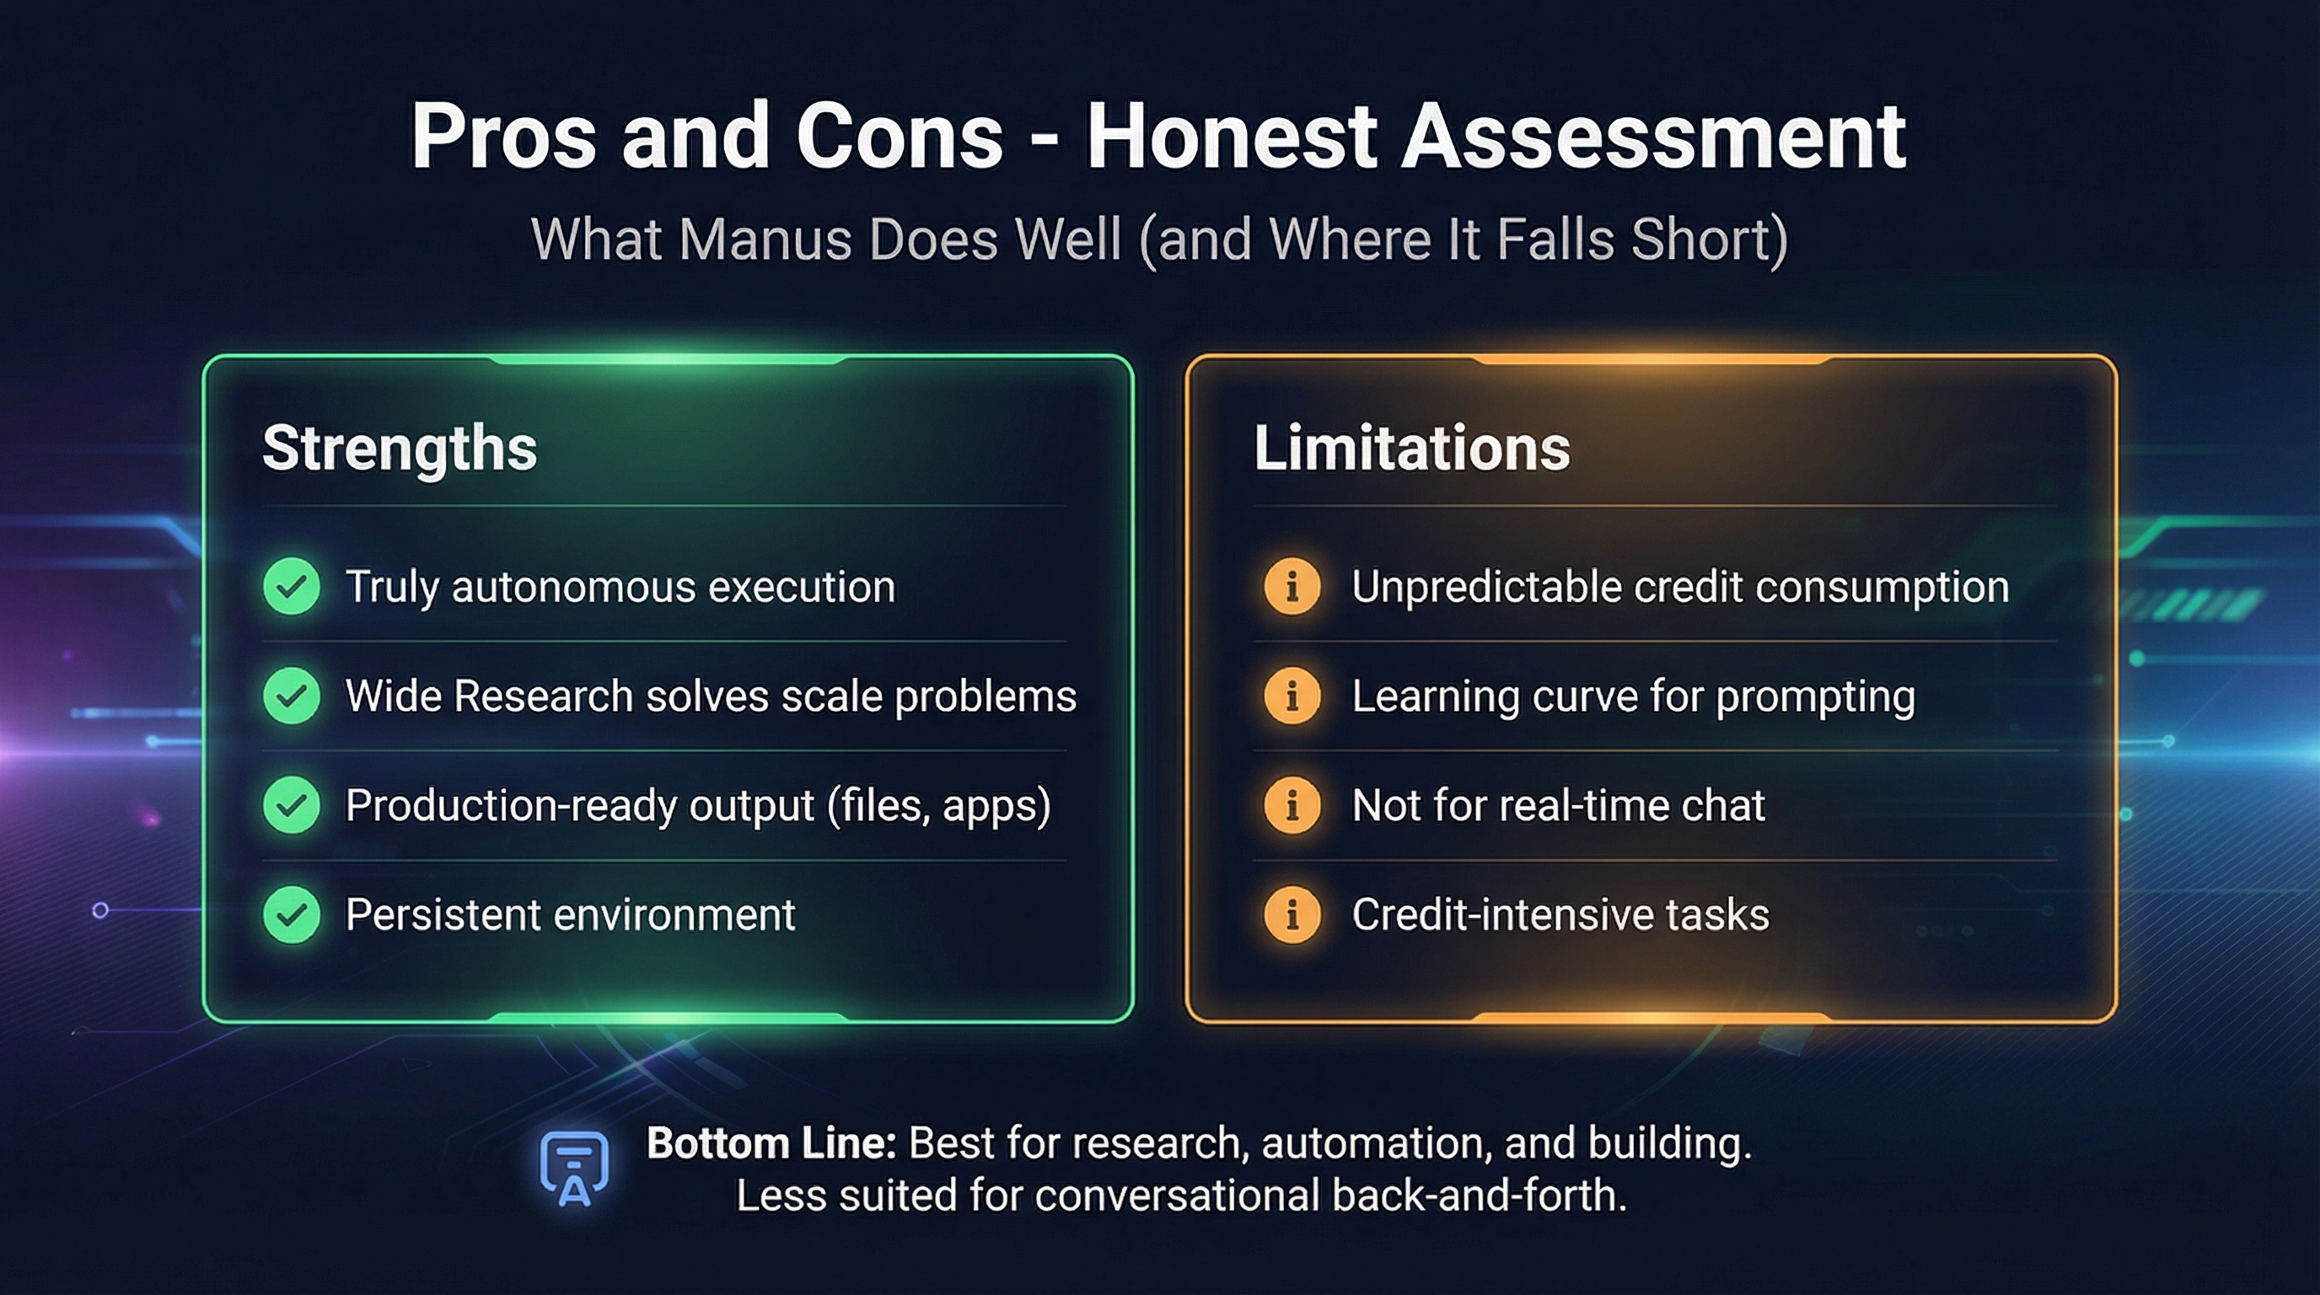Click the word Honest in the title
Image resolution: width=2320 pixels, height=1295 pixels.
(x=1231, y=137)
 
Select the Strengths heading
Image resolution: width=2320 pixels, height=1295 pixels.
(x=399, y=449)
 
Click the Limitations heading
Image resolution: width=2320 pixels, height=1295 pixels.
(x=1411, y=449)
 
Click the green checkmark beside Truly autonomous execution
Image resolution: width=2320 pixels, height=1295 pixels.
(x=291, y=586)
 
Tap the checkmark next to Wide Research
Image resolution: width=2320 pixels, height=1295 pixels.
(x=291, y=696)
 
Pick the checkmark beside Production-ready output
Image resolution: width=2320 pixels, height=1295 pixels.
(x=291, y=805)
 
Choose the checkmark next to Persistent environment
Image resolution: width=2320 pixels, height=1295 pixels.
(x=291, y=915)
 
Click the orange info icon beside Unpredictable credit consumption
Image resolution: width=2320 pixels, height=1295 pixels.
(x=1292, y=586)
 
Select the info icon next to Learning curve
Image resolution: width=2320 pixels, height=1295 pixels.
(x=1292, y=696)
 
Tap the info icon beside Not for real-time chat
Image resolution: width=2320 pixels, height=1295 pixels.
(x=1292, y=805)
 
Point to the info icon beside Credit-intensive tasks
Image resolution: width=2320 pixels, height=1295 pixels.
(x=1292, y=915)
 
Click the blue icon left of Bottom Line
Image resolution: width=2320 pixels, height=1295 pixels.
(x=574, y=1168)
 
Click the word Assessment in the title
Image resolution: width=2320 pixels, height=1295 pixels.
(x=1652, y=137)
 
